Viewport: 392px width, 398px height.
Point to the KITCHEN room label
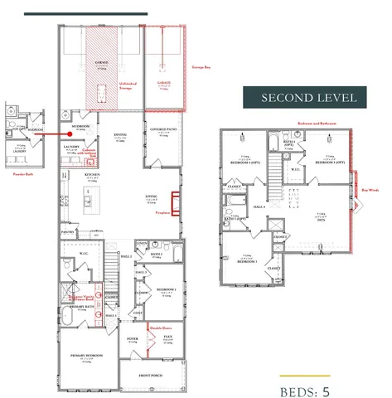point(92,175)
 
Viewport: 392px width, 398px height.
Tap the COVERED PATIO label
point(162,129)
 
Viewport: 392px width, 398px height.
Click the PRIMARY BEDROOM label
point(89,357)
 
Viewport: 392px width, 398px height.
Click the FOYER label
point(132,339)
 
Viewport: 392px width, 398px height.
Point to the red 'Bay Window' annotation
point(370,188)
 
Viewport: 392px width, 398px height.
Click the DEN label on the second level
point(321,220)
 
